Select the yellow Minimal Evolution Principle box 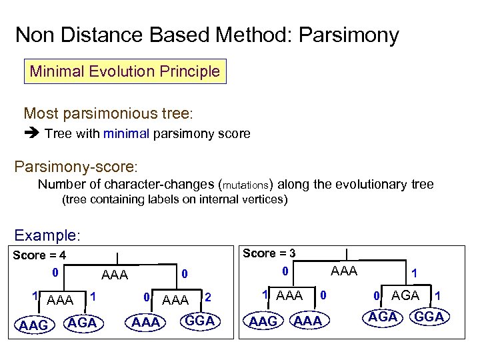click(125, 71)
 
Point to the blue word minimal click(126, 134)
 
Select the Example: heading click(47, 235)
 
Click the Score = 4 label click(39, 255)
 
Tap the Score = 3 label click(269, 253)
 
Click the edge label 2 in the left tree click(208, 297)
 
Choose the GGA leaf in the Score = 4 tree click(199, 321)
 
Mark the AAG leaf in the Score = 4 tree click(33, 325)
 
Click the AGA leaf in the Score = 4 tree click(83, 323)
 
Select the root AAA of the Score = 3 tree click(344, 271)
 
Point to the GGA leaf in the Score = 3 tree click(429, 317)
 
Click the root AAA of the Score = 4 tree click(114, 275)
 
